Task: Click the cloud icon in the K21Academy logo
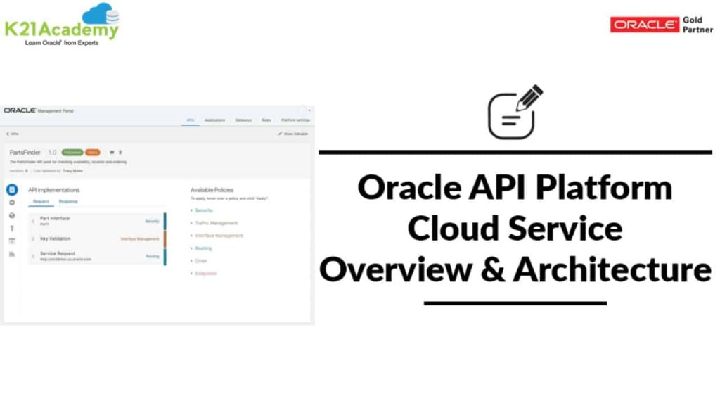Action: click(x=101, y=13)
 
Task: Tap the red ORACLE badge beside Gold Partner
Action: click(x=645, y=25)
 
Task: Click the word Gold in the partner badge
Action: click(x=693, y=20)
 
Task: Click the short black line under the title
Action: click(x=515, y=304)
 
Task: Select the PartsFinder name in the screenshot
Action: click(x=25, y=152)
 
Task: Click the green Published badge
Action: click(x=72, y=152)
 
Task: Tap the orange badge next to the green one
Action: click(x=92, y=152)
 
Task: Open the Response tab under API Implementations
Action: click(x=68, y=202)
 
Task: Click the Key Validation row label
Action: click(x=56, y=238)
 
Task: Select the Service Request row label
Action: click(x=58, y=253)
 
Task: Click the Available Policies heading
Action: click(x=213, y=190)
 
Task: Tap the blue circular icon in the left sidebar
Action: click(x=12, y=190)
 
